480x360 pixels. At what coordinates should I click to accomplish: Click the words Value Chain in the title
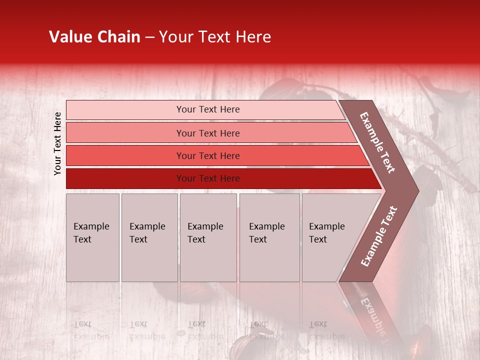[94, 37]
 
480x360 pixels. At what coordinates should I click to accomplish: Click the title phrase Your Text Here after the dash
[215, 37]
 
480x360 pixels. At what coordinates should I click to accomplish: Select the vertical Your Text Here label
[57, 143]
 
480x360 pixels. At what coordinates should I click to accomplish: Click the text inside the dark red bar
[208, 178]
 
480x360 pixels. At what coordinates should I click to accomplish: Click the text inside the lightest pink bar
[208, 109]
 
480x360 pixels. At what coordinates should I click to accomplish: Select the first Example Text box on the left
[92, 237]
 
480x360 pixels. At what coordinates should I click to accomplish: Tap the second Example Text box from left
[149, 237]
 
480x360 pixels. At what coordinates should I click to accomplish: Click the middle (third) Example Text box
[208, 237]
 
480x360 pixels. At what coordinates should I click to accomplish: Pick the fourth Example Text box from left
[269, 237]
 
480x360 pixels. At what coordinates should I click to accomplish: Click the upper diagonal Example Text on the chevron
[377, 142]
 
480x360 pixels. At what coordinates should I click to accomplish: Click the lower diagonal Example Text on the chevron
[379, 236]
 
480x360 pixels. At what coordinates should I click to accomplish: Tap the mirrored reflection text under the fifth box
[327, 330]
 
